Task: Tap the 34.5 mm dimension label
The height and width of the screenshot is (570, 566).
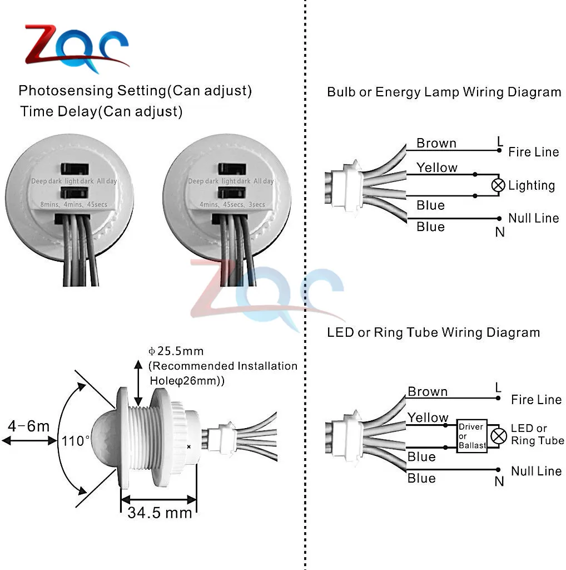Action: pyautogui.click(x=160, y=512)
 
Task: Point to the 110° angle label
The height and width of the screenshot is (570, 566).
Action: pyautogui.click(x=76, y=441)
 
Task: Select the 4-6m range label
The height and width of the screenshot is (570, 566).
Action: pyautogui.click(x=29, y=427)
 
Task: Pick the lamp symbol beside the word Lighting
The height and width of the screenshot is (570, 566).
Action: pyautogui.click(x=498, y=185)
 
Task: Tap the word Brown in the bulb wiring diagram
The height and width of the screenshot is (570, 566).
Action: pyautogui.click(x=436, y=143)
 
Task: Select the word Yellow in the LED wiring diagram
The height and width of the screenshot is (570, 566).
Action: pyautogui.click(x=428, y=417)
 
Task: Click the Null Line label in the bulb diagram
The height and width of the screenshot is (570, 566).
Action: pyautogui.click(x=533, y=218)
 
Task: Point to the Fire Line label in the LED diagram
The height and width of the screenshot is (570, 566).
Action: pyautogui.click(x=536, y=400)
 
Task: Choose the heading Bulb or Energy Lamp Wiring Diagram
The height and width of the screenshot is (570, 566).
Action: pyautogui.click(x=444, y=92)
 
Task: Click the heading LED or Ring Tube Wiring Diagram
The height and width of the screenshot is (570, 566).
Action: pyautogui.click(x=434, y=333)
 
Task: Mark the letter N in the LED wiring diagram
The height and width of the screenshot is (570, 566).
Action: pyautogui.click(x=499, y=482)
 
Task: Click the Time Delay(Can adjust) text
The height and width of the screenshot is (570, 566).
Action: pyautogui.click(x=102, y=111)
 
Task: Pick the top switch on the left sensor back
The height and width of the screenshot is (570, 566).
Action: pyautogui.click(x=72, y=169)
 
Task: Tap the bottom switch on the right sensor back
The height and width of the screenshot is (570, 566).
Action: pyautogui.click(x=229, y=192)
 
